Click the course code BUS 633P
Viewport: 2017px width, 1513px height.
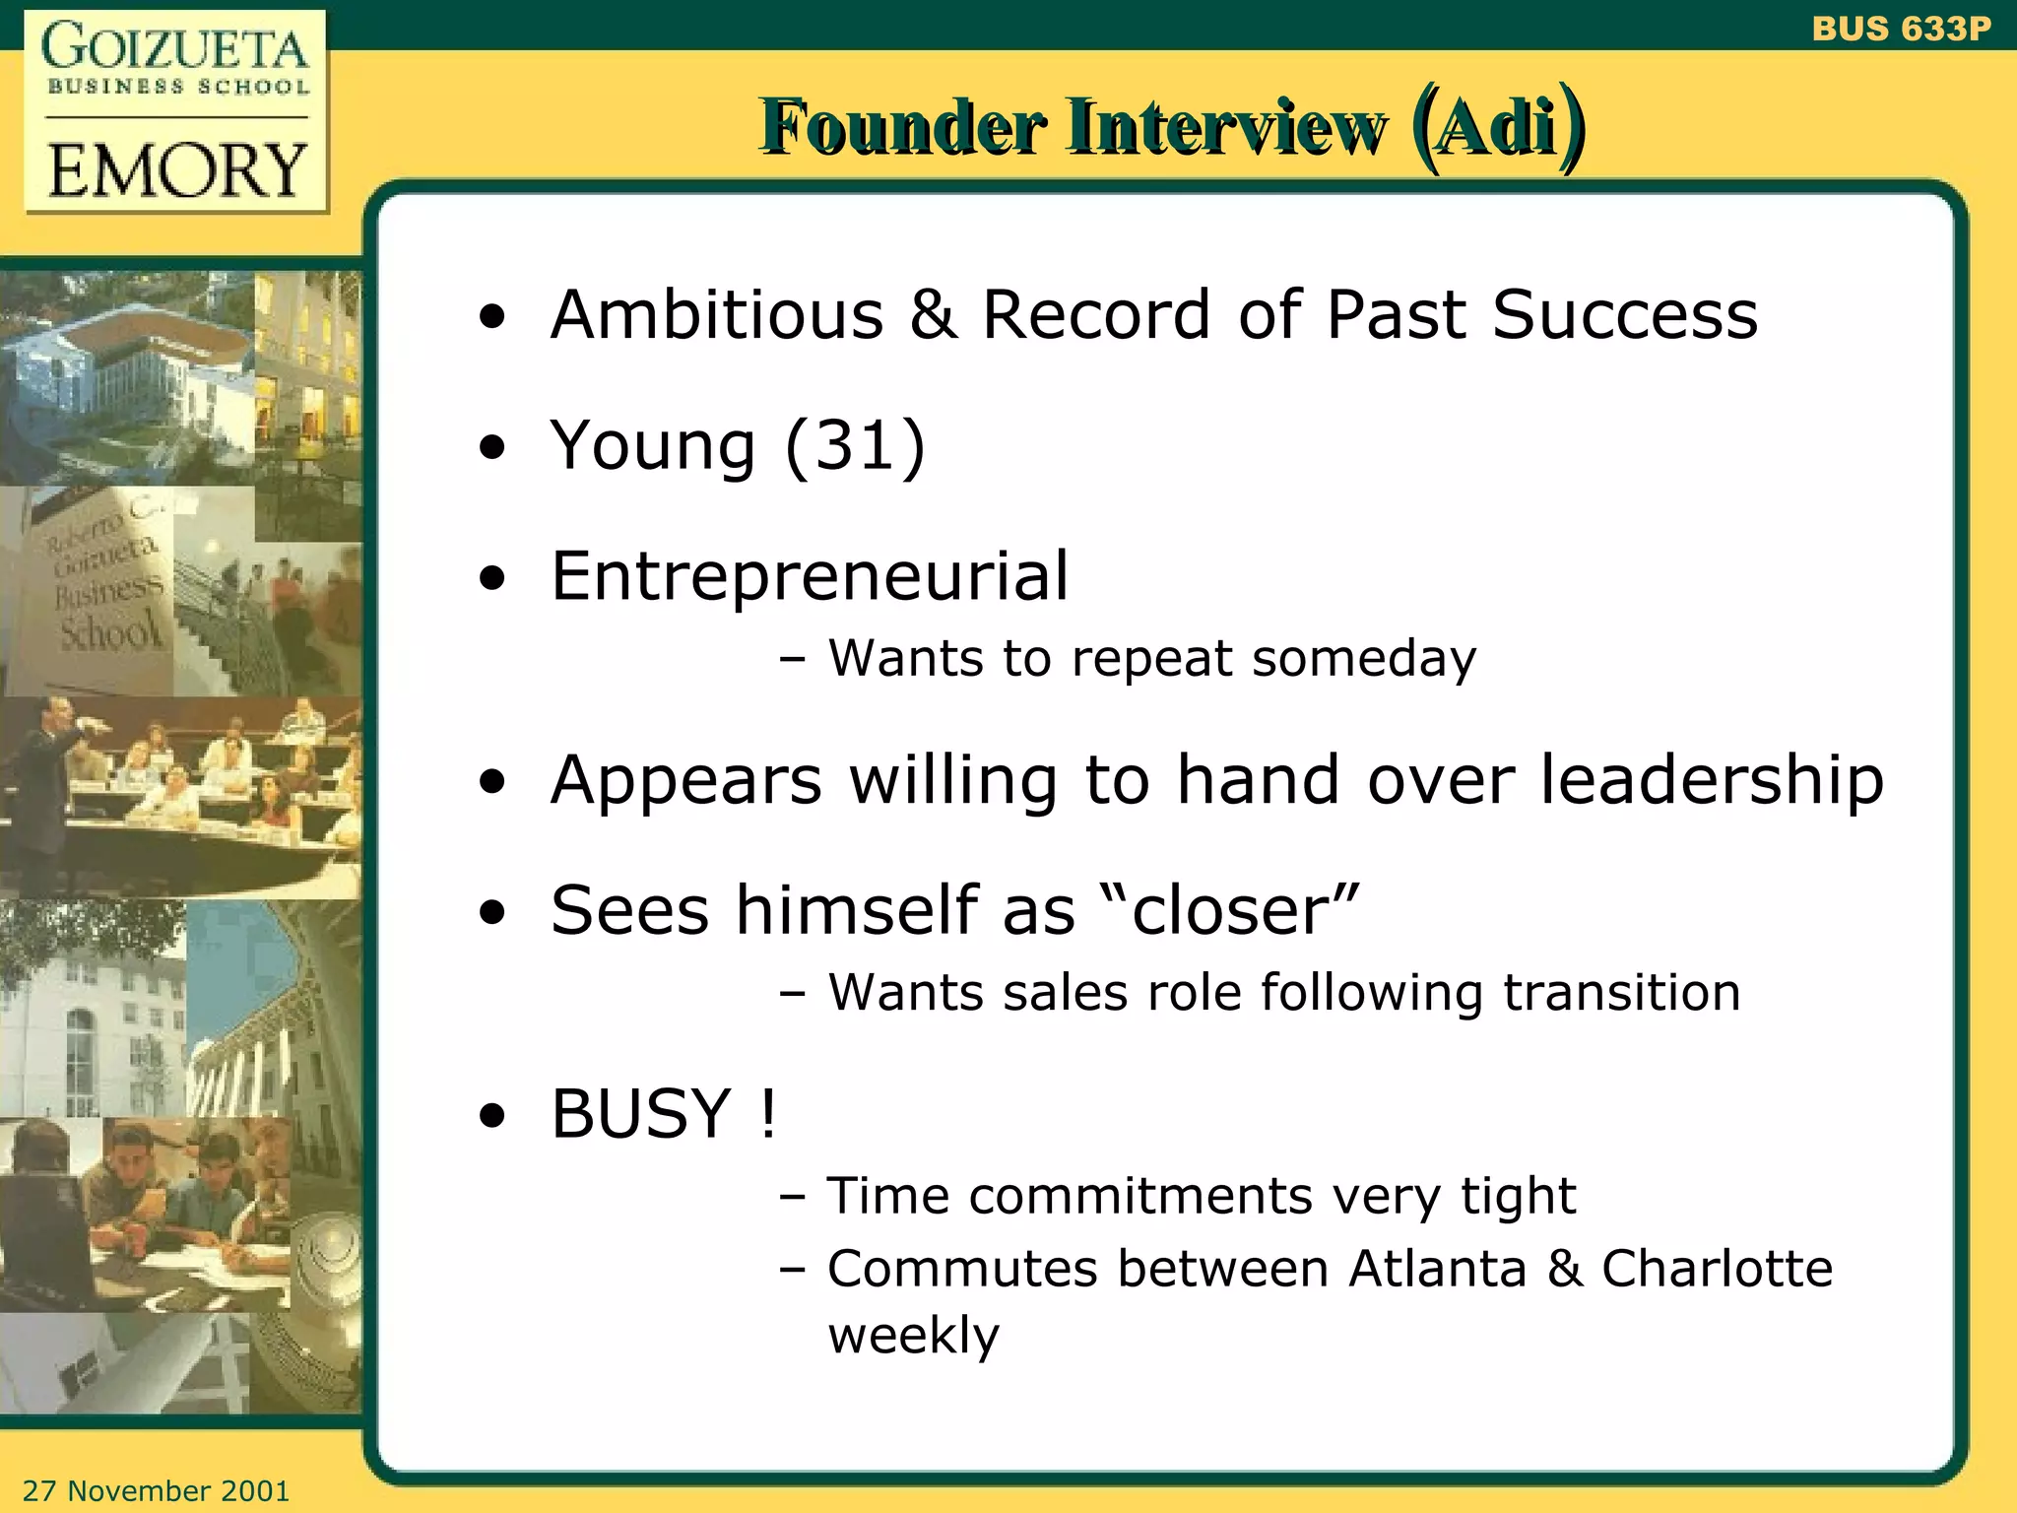tap(1901, 29)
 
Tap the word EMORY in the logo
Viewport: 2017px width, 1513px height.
tap(177, 169)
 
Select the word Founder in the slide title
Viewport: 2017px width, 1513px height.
tap(903, 127)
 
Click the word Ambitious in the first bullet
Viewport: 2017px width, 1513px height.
tap(717, 315)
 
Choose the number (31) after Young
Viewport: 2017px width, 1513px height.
tap(855, 445)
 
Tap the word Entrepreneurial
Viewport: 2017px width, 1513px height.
tap(810, 576)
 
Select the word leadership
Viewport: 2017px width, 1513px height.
tap(1712, 780)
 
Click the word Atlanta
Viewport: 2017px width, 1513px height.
tap(1438, 1268)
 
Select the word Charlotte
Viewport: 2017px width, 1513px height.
tap(1717, 1268)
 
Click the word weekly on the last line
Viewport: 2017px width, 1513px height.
tap(913, 1337)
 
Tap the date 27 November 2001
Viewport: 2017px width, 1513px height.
tap(157, 1490)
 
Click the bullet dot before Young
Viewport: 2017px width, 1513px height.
tap(492, 448)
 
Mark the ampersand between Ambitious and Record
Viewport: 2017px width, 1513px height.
tap(933, 315)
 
